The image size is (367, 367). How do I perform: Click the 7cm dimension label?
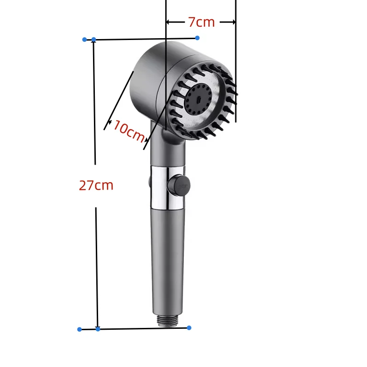pyautogui.click(x=201, y=22)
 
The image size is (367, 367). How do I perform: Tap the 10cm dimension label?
pyautogui.click(x=128, y=131)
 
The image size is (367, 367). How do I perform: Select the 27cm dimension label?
pyautogui.click(x=96, y=185)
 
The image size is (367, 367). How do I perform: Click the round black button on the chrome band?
pyautogui.click(x=177, y=185)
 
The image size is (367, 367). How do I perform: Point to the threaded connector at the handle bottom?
pyautogui.click(x=168, y=321)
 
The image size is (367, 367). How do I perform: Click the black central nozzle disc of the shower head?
pyautogui.click(x=198, y=100)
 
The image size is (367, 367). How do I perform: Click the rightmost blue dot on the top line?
pyautogui.click(x=197, y=37)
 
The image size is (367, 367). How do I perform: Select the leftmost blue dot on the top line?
pyautogui.click(x=84, y=40)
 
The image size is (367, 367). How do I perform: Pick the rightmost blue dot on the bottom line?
pyautogui.click(x=189, y=327)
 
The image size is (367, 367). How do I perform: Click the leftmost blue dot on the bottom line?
pyautogui.click(x=79, y=329)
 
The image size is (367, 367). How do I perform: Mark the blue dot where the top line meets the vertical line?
pyautogui.click(x=94, y=40)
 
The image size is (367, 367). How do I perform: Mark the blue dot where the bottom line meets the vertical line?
pyautogui.click(x=98, y=329)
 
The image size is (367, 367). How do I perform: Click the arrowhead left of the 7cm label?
pyautogui.click(x=169, y=22)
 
